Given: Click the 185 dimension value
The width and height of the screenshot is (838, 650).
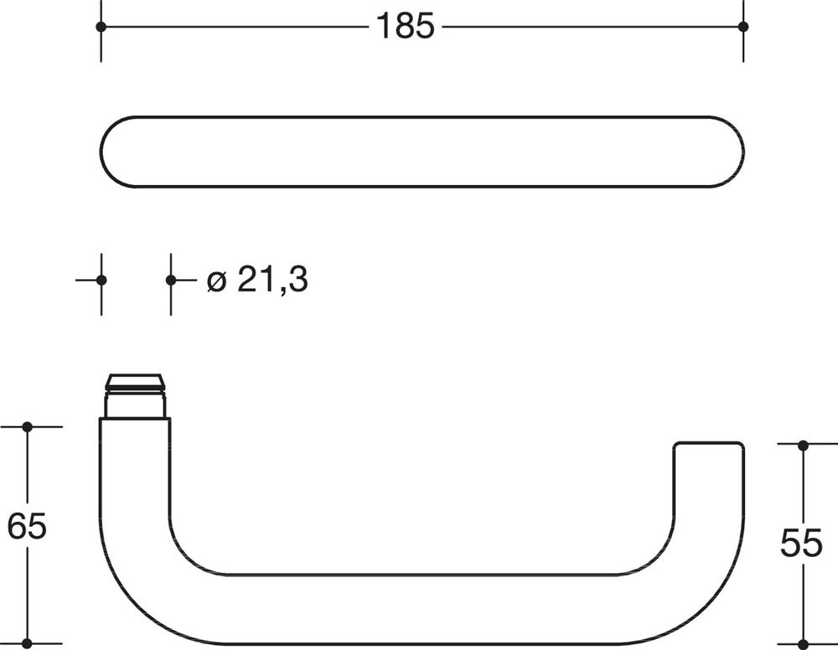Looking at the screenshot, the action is (405, 26).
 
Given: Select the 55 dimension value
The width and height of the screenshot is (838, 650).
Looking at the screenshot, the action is (801, 543).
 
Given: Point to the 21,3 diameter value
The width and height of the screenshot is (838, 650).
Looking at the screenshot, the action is (272, 279).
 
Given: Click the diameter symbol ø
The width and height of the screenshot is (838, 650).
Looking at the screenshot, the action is (216, 281).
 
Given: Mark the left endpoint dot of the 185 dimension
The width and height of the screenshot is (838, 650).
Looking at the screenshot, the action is (101, 26).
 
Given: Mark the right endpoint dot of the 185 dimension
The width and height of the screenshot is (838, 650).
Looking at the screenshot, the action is (742, 26).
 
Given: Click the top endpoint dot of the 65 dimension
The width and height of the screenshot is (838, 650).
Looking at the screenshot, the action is (28, 426).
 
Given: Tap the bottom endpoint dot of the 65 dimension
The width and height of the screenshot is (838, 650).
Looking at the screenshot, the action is (28, 643).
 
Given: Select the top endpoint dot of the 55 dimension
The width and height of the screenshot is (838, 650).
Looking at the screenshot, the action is (803, 445).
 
